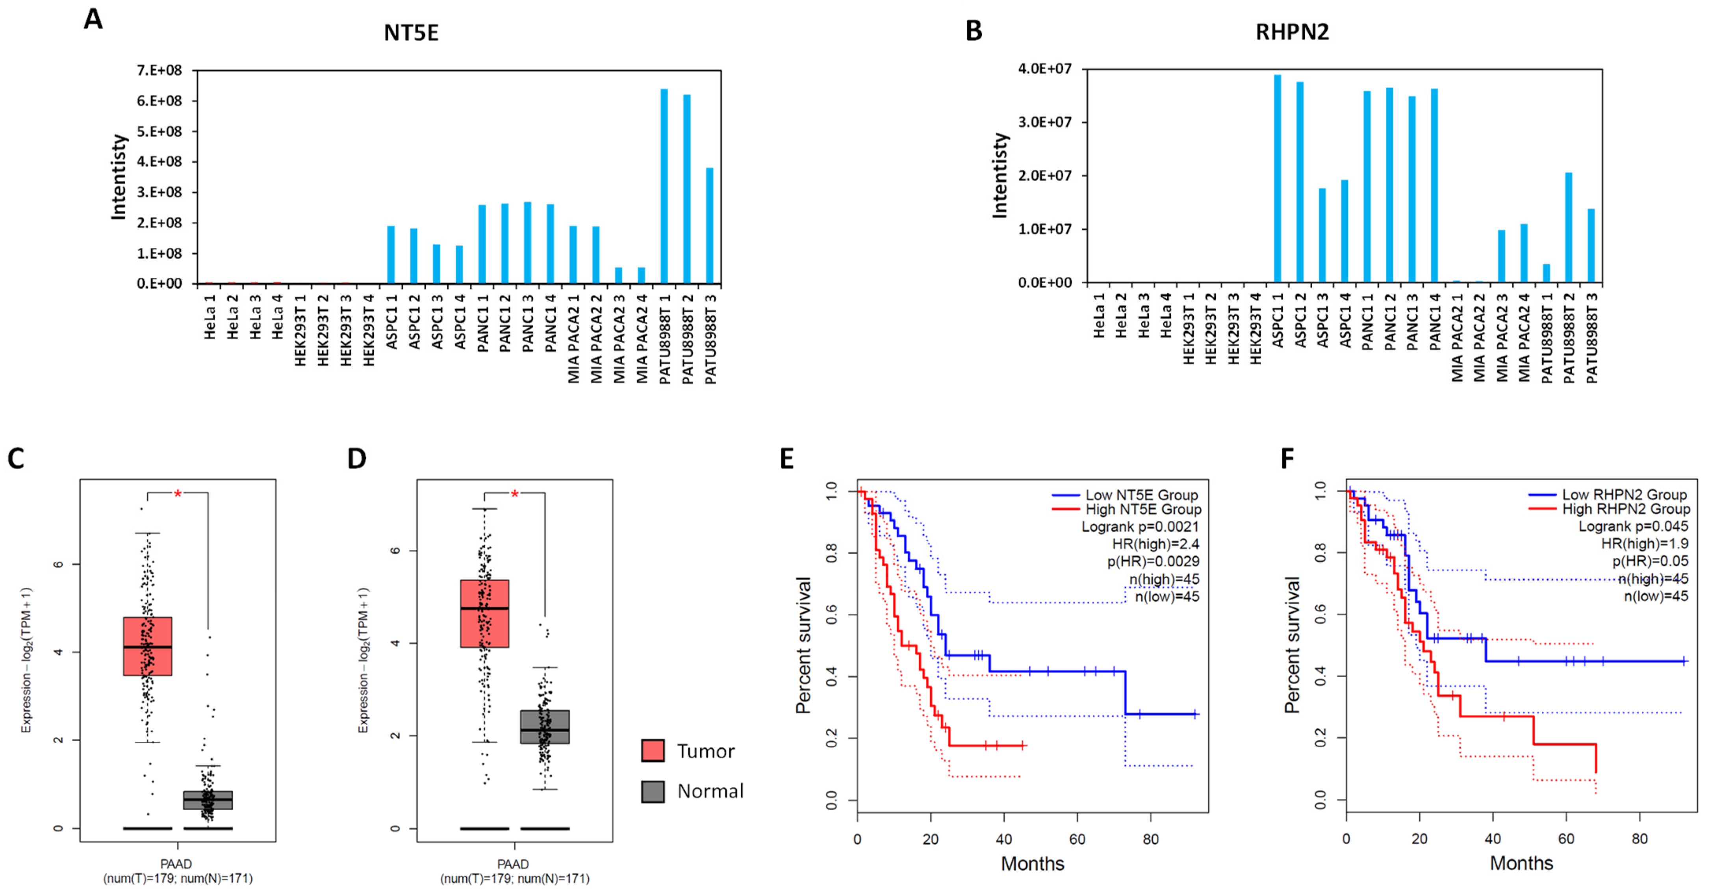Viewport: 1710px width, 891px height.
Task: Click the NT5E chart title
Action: coord(411,33)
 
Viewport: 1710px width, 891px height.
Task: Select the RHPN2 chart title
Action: coord(1292,32)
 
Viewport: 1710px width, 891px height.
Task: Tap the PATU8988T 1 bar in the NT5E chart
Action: coord(664,186)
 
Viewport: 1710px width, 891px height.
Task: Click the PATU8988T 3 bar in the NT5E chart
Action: coord(710,226)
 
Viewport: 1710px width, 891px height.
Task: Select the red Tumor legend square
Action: coord(653,751)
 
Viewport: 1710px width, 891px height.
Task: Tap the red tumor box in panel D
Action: coord(484,613)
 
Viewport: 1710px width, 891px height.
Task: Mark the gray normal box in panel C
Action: coord(208,800)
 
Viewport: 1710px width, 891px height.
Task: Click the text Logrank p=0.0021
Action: coord(1140,527)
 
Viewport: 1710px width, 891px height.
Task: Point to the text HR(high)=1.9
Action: coord(1644,544)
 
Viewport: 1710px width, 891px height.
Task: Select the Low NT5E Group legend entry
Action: coord(1141,495)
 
